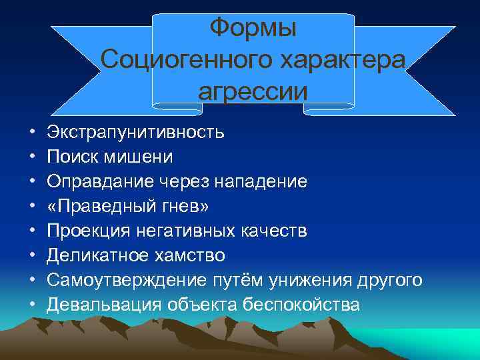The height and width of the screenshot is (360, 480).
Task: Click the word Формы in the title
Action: (x=253, y=29)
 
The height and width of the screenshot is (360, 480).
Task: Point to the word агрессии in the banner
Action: (x=253, y=91)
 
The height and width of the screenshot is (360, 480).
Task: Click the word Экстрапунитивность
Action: (x=136, y=132)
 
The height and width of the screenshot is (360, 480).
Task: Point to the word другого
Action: (x=387, y=280)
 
